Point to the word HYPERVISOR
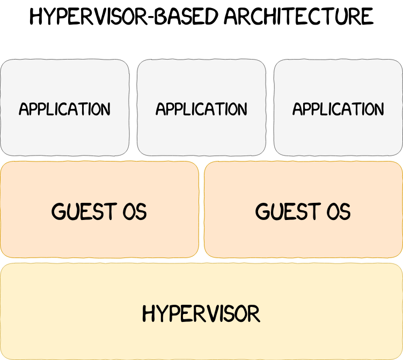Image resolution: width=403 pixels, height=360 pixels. click(x=201, y=313)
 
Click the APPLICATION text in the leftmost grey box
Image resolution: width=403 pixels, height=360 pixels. click(x=64, y=109)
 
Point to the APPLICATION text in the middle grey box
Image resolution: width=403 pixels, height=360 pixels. click(x=201, y=109)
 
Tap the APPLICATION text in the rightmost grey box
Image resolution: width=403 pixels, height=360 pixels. click(x=338, y=109)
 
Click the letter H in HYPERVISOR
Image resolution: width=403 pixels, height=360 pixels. click(x=149, y=313)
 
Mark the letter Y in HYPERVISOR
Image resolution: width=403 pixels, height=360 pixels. click(x=161, y=313)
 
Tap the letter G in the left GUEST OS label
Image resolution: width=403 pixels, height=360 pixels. click(x=58, y=211)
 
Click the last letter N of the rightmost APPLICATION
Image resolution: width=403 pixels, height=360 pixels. click(x=379, y=109)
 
